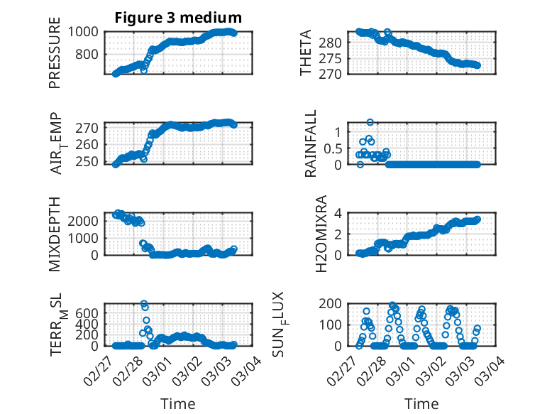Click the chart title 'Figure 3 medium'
178,18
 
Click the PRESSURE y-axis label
55,53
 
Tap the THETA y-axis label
306,53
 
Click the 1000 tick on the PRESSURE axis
86,32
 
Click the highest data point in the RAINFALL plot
370,122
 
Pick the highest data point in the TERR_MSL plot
144,304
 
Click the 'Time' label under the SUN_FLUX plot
421,403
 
